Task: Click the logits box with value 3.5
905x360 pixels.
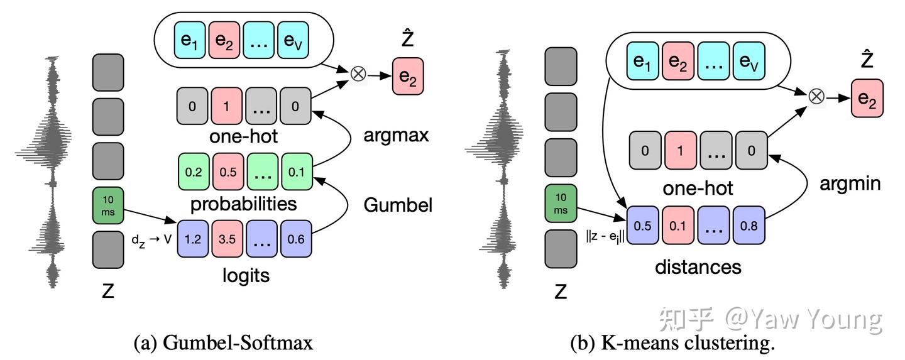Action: [x=227, y=239]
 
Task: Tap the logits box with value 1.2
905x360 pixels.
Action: [x=193, y=239]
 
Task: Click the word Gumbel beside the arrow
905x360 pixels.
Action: [x=397, y=205]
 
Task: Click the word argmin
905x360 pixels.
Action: [x=850, y=183]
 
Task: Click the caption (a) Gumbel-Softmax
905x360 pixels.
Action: [x=223, y=342]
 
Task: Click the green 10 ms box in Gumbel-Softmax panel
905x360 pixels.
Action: [x=107, y=203]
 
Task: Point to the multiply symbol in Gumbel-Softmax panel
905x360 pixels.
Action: [x=358, y=74]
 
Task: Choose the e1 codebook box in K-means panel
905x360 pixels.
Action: [x=642, y=61]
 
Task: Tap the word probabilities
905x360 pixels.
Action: [x=243, y=204]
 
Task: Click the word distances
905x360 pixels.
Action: [x=698, y=267]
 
